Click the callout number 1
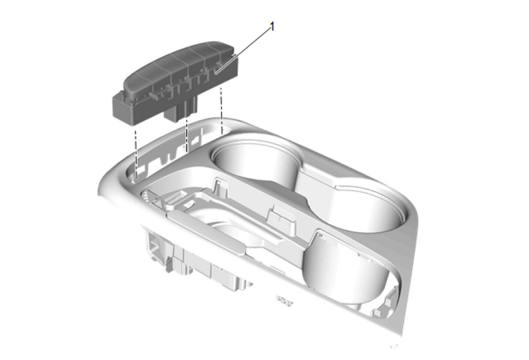tap(272, 27)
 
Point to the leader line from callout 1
tap(243, 51)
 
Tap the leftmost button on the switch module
tap(139, 80)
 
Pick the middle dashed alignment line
tap(187, 136)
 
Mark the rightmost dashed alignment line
tap(221, 110)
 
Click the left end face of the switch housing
tap(123, 108)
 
